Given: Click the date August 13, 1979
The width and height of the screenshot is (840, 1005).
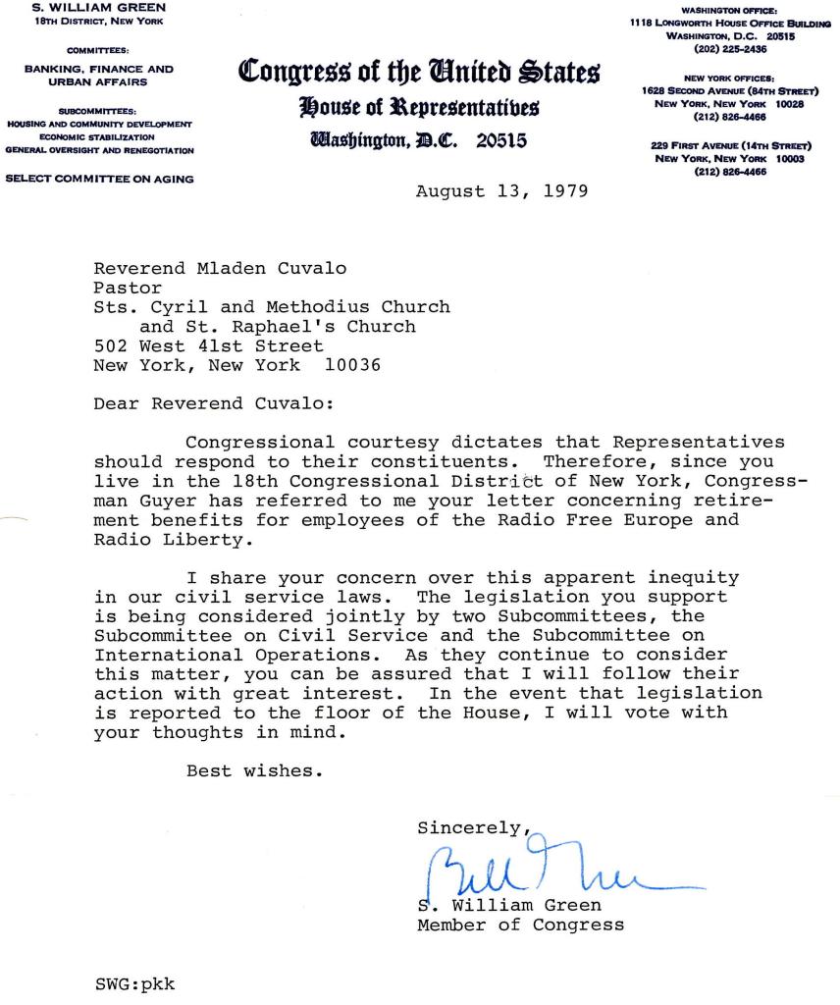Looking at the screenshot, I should pyautogui.click(x=501, y=190).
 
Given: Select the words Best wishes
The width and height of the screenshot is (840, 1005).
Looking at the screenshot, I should pyautogui.click(x=254, y=770).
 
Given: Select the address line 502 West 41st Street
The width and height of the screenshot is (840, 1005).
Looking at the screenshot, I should pyautogui.click(x=208, y=345).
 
